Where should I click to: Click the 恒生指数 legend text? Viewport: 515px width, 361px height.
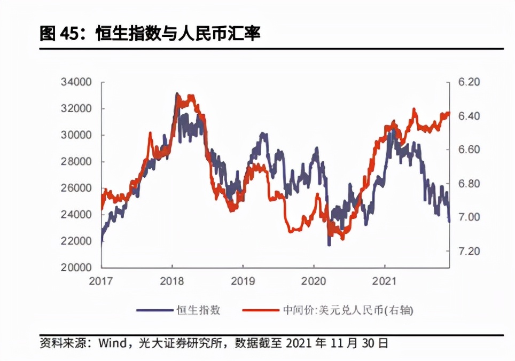tap(198, 310)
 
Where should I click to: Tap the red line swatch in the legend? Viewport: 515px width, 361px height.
tap(257, 310)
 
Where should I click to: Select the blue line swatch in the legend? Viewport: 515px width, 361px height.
tap(154, 310)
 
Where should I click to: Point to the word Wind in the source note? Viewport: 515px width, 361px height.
tap(112, 343)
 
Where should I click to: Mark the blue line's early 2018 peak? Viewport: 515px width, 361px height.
tap(177, 94)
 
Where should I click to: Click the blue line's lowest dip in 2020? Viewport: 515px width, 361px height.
tap(329, 245)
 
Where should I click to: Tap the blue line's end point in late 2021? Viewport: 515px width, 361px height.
tap(449, 221)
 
